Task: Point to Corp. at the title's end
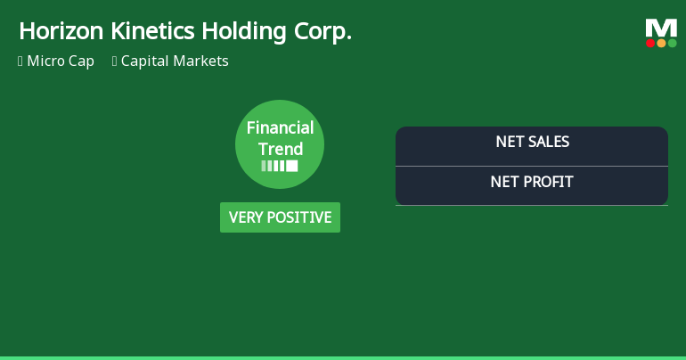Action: click(x=323, y=32)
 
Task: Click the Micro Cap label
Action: click(x=61, y=61)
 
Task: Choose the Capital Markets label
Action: click(x=175, y=61)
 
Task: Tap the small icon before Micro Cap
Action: click(x=20, y=61)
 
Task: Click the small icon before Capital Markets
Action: click(x=115, y=61)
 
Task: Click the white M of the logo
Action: click(x=661, y=28)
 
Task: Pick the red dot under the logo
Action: click(x=650, y=43)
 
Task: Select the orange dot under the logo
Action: click(x=661, y=43)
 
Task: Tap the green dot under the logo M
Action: click(x=672, y=43)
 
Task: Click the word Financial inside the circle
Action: click(x=280, y=128)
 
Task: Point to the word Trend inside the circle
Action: click(x=281, y=149)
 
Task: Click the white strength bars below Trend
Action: click(x=280, y=166)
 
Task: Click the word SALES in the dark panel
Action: click(x=548, y=142)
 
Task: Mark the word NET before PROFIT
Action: click(x=505, y=183)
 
